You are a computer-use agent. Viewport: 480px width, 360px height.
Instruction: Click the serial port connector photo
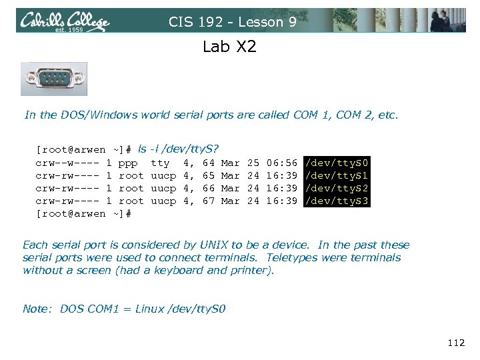coord(54,79)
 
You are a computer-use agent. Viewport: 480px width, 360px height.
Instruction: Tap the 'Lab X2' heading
coord(228,47)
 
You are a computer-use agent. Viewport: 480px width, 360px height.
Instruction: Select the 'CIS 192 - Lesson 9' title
coord(233,22)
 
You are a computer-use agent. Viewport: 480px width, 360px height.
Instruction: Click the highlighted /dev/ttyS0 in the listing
coord(336,163)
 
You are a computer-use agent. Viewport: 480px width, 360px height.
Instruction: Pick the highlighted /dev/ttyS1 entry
coord(336,175)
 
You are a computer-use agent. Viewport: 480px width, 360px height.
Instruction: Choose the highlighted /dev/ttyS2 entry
coord(336,188)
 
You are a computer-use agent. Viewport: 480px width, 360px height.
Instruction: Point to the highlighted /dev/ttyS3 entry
coord(336,201)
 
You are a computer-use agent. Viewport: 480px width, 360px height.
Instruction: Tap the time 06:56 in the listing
coord(281,163)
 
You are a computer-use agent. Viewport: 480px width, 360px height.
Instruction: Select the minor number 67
coord(208,201)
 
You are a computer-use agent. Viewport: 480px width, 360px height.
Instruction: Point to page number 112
coord(456,343)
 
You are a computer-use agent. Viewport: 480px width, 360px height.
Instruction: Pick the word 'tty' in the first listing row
coord(160,163)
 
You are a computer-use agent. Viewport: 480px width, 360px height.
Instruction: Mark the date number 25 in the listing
coord(253,163)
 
